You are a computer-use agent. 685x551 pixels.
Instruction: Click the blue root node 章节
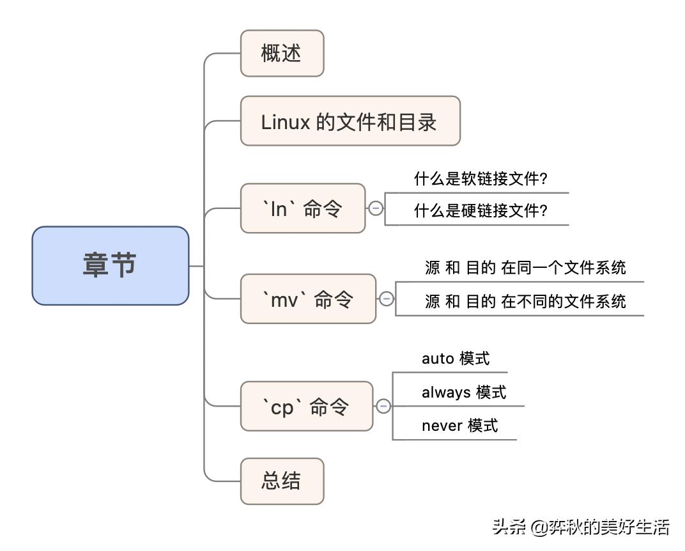111,265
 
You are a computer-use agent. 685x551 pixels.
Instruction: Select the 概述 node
282,54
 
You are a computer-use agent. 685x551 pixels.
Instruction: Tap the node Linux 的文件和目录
350,121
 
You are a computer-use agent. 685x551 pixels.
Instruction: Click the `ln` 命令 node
302,208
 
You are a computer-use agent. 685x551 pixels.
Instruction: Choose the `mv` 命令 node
308,299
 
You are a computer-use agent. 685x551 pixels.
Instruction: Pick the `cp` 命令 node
306,407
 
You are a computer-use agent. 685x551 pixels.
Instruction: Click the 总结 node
282,481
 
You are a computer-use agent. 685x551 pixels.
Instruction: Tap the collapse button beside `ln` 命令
376,208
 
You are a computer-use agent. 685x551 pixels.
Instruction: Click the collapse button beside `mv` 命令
387,299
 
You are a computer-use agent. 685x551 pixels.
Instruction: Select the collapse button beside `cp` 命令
383,407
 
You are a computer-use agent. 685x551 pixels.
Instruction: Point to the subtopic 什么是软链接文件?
481,179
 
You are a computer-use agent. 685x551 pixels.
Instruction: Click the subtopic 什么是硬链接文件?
481,211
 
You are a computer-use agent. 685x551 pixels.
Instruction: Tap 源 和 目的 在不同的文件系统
525,301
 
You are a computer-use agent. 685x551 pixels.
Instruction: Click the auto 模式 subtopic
455,359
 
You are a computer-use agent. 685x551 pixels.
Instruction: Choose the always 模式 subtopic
463,392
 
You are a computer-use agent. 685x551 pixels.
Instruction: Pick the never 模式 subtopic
459,425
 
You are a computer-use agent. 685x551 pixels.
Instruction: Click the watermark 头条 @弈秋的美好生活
580,527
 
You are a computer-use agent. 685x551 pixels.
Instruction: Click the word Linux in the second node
286,122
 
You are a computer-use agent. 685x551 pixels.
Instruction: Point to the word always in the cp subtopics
446,392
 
